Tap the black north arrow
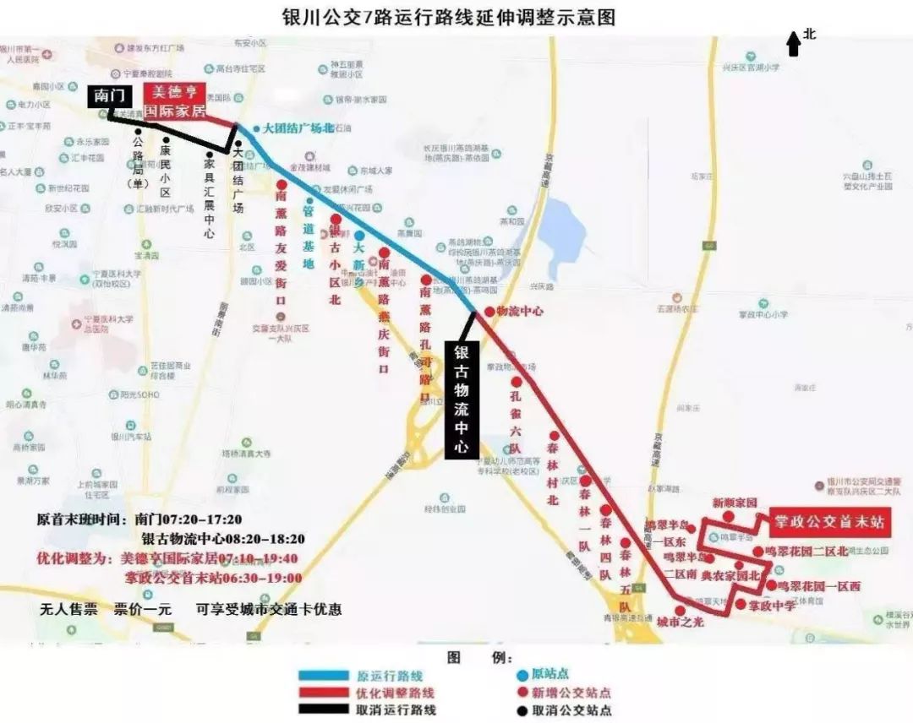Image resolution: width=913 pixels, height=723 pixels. tap(793, 43)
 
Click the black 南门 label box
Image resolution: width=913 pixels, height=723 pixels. tap(108, 96)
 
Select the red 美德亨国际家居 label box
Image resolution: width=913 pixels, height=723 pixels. tap(175, 101)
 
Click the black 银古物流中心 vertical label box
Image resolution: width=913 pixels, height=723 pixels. tap(462, 400)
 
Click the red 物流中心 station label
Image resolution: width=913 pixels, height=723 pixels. tap(519, 311)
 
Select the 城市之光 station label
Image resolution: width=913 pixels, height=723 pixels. tap(680, 621)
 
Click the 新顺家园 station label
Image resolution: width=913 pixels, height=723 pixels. tap(734, 502)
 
